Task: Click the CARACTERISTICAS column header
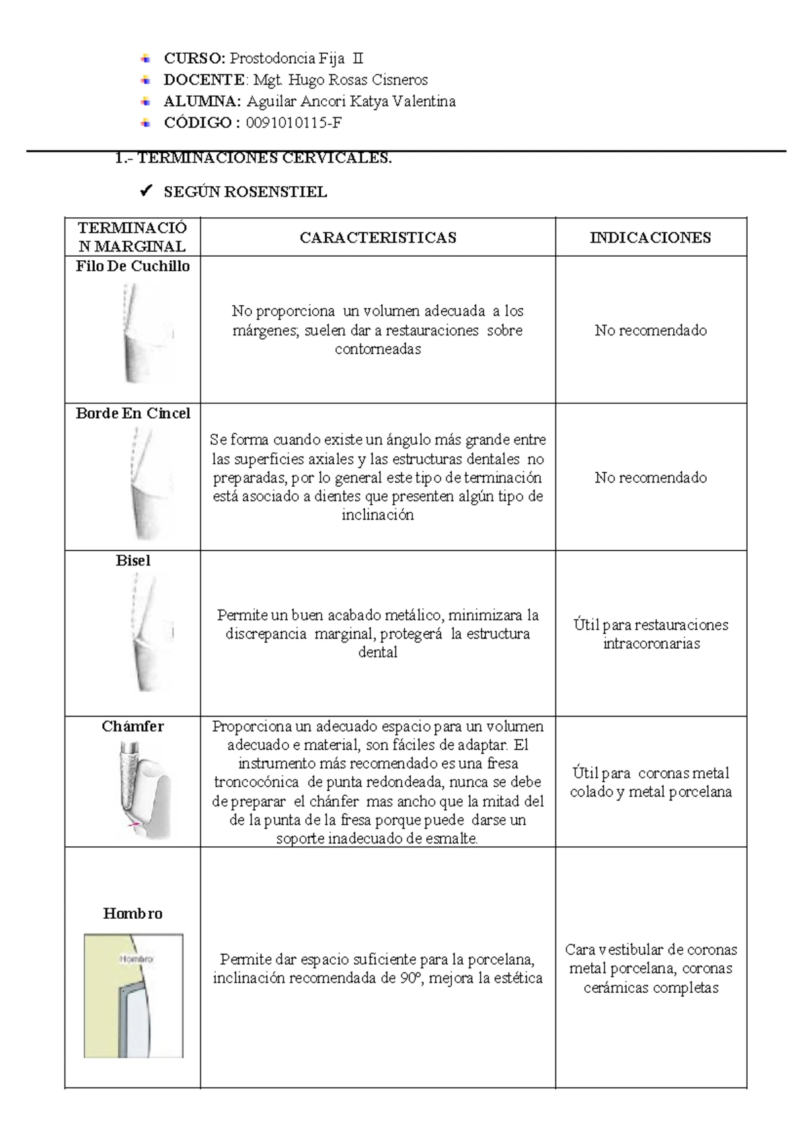[378, 237]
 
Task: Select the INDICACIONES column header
[650, 237]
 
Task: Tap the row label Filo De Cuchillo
[132, 266]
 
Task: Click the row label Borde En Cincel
[132, 413]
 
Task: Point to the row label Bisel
[132, 561]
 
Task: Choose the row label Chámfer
[132, 727]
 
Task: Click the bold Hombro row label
[132, 913]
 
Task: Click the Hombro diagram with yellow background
[133, 995]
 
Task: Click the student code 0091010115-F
[294, 123]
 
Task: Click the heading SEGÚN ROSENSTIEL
[245, 192]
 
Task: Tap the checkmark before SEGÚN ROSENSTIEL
[145, 192]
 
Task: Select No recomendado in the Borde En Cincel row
[650, 477]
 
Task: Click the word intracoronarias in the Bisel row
[651, 644]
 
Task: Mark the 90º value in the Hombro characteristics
[410, 978]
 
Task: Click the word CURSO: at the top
[194, 58]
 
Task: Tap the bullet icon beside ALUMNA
[146, 101]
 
